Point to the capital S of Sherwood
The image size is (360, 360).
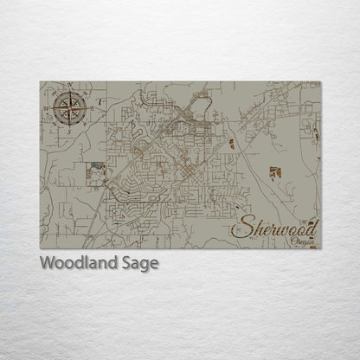click(x=240, y=228)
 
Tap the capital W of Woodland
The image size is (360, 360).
click(x=47, y=264)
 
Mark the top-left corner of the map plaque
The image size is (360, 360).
click(x=40, y=82)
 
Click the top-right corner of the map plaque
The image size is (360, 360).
click(x=320, y=82)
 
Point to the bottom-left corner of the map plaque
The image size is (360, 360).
click(x=40, y=248)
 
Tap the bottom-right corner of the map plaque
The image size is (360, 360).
click(x=320, y=248)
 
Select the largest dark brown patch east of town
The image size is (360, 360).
click(x=274, y=172)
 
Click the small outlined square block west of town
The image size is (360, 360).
click(x=96, y=174)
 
